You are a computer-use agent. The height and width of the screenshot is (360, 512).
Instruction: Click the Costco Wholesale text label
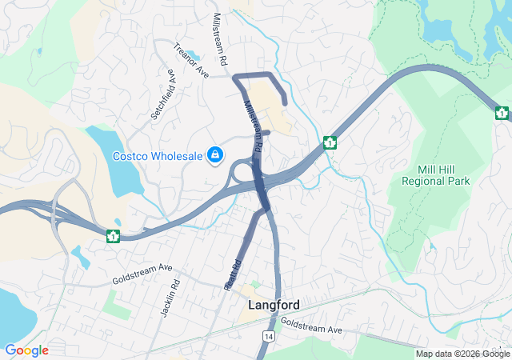(157, 156)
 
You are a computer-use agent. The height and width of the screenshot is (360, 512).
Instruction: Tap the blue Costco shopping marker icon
(215, 154)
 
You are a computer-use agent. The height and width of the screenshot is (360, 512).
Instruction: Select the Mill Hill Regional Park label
(444, 175)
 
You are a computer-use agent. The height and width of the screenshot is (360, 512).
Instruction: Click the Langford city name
(274, 306)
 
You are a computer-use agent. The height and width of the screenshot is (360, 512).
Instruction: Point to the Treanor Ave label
(191, 62)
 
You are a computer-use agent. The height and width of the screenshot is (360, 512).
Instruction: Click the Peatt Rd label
(233, 274)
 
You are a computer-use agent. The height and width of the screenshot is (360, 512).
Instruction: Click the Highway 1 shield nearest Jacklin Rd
(114, 235)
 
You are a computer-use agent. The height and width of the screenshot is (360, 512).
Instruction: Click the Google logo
(26, 350)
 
